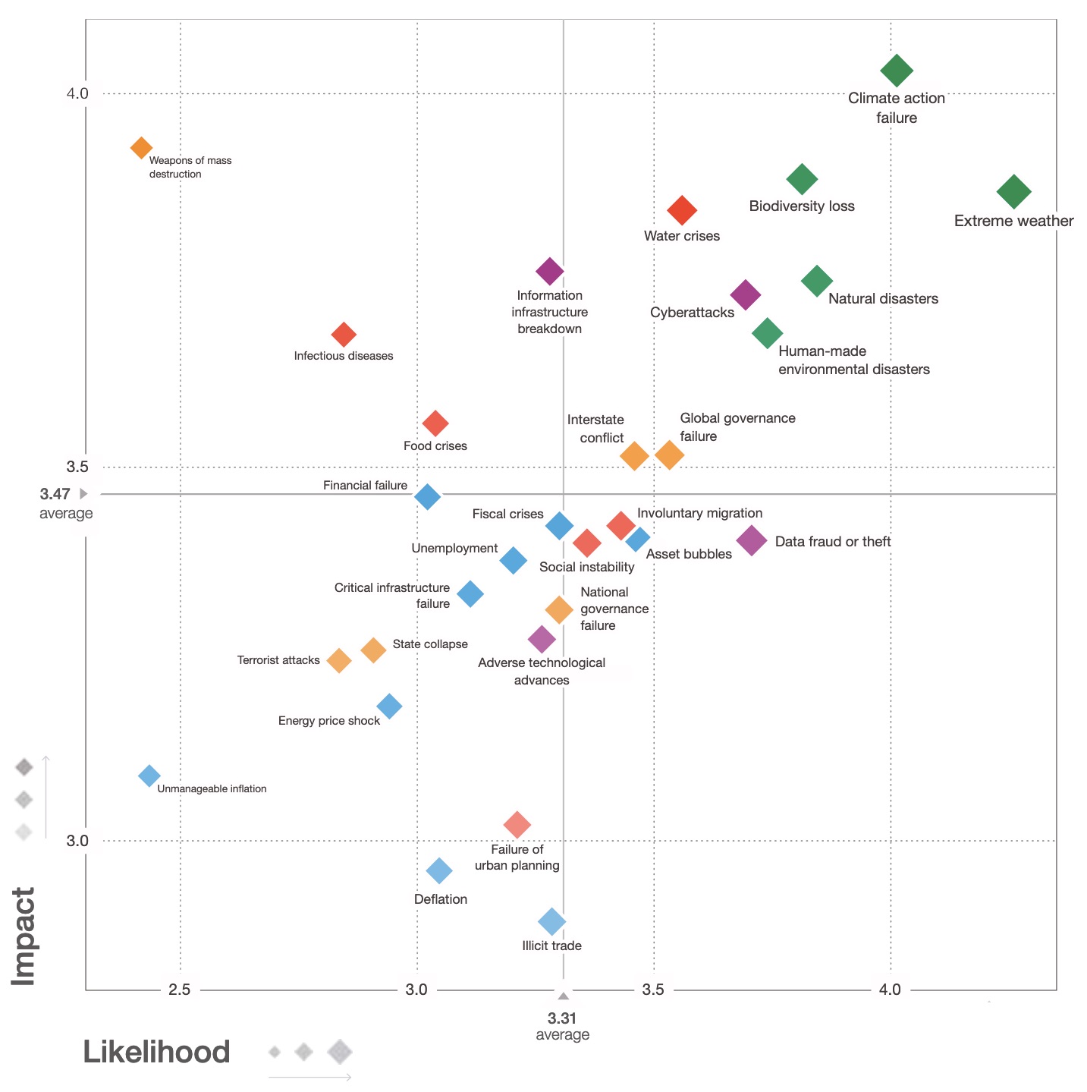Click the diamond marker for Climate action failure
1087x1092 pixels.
click(897, 71)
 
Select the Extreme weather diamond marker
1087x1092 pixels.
click(1014, 191)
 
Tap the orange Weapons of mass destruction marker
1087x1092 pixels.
click(141, 147)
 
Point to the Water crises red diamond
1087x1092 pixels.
click(682, 210)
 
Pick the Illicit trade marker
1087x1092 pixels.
click(552, 922)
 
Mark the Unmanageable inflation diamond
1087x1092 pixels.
click(149, 776)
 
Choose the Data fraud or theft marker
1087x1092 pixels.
click(752, 540)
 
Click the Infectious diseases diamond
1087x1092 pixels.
click(344, 334)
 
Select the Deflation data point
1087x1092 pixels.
click(439, 870)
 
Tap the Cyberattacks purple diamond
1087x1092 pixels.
click(746, 294)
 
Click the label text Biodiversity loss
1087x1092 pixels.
click(802, 206)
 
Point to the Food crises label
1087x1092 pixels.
click(435, 446)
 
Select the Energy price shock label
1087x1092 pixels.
click(329, 721)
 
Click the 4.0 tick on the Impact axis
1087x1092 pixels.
click(77, 93)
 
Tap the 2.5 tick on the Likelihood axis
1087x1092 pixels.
click(180, 990)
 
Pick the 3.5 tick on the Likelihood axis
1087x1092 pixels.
click(653, 990)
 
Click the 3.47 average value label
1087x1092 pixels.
click(55, 494)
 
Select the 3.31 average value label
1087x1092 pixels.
click(562, 1019)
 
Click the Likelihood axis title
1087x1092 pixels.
click(156, 1053)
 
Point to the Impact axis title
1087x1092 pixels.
click(24, 936)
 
